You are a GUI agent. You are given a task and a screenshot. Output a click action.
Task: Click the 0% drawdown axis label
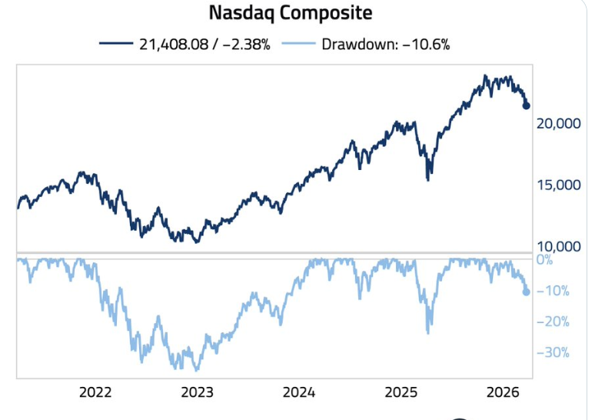pos(544,259)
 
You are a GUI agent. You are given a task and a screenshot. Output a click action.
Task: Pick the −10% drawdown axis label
pos(552,291)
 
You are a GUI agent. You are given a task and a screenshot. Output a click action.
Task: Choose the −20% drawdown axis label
pos(552,322)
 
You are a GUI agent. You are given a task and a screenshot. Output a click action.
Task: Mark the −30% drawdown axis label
pos(552,352)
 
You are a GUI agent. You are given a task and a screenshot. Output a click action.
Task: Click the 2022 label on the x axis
pos(95,392)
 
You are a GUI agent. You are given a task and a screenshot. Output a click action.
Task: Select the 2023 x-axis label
pos(198,392)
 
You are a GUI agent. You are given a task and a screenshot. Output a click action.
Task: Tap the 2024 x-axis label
pos(299,392)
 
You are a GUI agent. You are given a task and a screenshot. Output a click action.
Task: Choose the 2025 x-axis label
pos(401,392)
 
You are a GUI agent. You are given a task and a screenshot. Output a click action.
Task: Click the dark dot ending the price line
pos(527,105)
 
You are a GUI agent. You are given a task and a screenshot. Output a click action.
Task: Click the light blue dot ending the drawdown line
pos(527,292)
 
